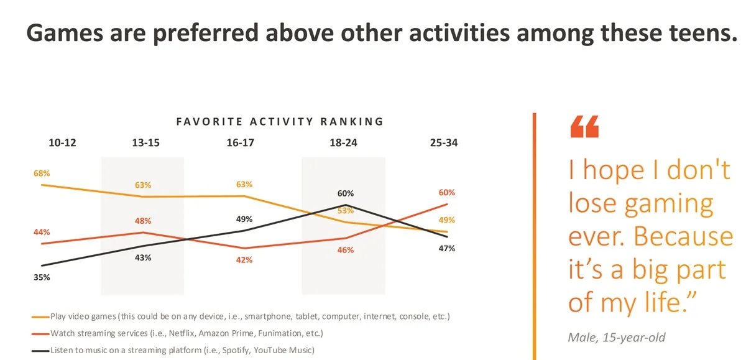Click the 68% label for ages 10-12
42,172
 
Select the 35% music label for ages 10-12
42,277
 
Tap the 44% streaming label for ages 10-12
42,232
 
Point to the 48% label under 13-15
142,221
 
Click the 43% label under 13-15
142,257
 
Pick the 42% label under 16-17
244,260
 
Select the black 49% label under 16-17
244,219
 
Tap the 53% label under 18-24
346,210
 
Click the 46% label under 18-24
346,250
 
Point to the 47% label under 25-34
446,248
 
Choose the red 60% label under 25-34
446,192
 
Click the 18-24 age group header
343,142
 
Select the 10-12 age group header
62,142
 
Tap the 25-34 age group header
444,142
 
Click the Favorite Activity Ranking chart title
280,121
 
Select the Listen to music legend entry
180,350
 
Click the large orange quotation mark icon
584,126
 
